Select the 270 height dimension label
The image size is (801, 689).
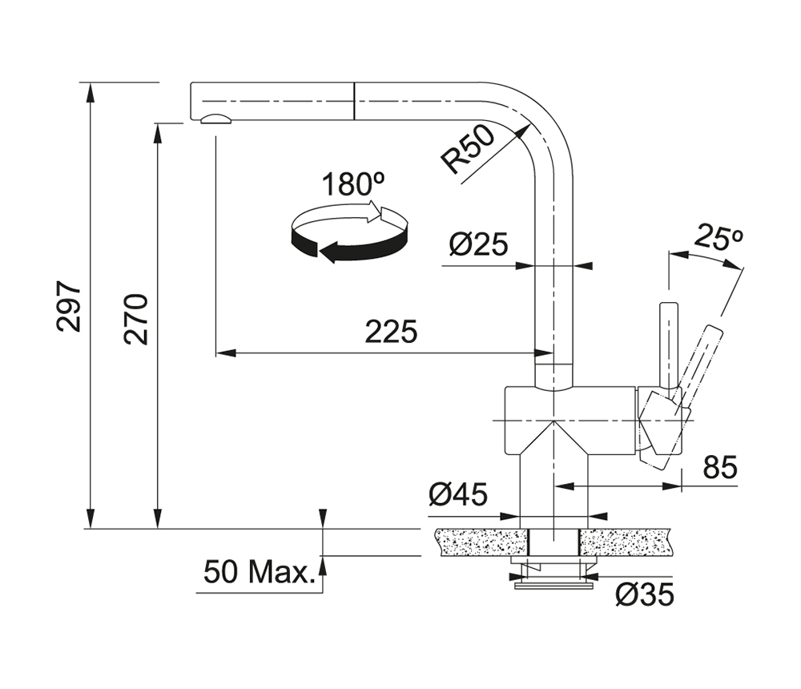pos(137,319)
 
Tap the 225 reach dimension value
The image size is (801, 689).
pos(391,331)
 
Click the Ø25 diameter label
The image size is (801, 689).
pos(478,244)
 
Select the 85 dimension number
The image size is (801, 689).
pos(718,467)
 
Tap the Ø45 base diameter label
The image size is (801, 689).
pos(457,496)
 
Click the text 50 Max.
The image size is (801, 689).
pos(257,573)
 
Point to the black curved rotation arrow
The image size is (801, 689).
pos(344,244)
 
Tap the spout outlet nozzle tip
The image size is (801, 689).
pos(215,120)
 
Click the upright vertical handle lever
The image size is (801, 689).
pos(668,344)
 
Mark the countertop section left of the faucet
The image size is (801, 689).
pos(477,542)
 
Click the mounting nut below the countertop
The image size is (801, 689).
pos(552,570)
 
